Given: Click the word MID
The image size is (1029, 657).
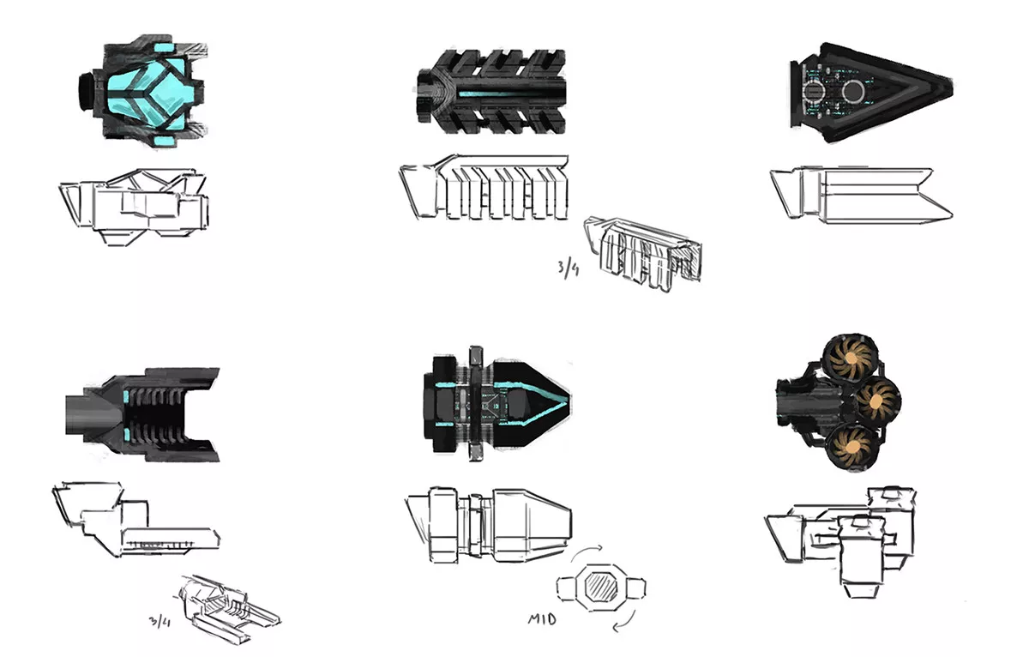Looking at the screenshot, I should (x=541, y=617).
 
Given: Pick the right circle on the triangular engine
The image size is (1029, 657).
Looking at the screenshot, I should (x=855, y=91).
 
